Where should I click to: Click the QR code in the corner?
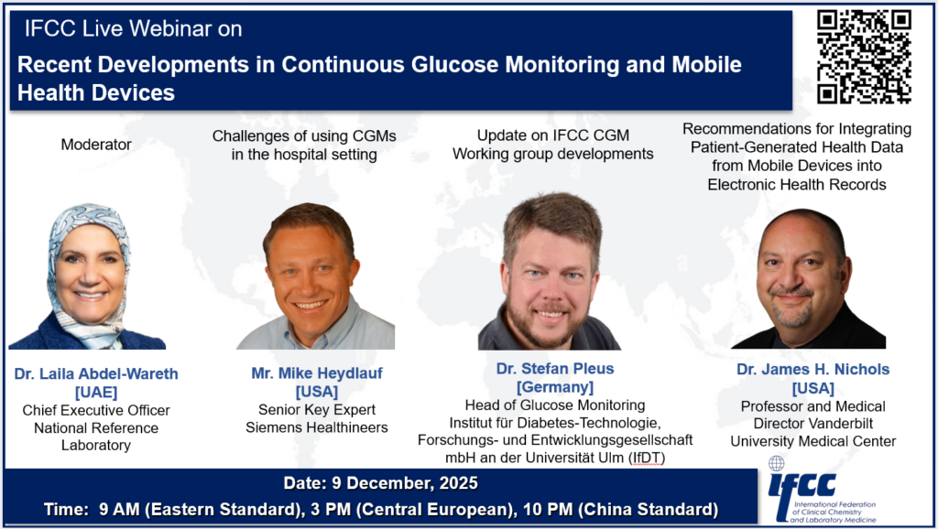[x=864, y=56]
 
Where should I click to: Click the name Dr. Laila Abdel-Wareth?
[x=96, y=373]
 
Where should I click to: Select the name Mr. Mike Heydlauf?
[x=316, y=373]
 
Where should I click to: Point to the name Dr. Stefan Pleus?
[x=555, y=368]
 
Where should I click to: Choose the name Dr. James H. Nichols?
[x=813, y=370]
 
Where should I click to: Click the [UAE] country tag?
[x=96, y=392]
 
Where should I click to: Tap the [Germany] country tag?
[x=555, y=387]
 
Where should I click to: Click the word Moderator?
[x=96, y=144]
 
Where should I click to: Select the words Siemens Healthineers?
[x=316, y=427]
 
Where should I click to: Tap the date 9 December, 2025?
[x=404, y=483]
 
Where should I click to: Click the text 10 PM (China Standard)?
[x=620, y=509]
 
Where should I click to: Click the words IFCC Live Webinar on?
[x=134, y=28]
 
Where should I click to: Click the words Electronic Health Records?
[x=797, y=185]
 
